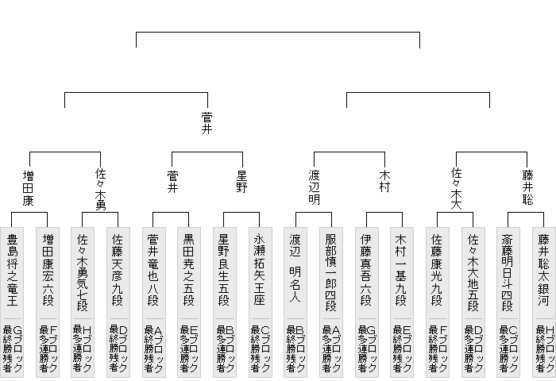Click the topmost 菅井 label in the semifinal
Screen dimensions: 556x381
tap(207, 123)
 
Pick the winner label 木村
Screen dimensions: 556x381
tap(385, 179)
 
